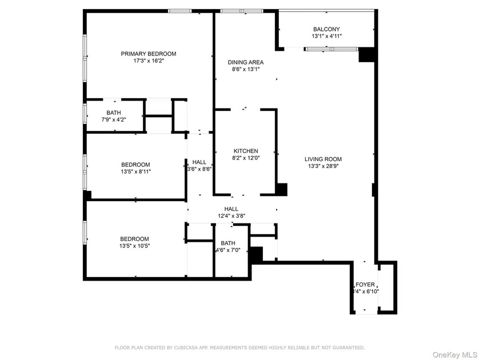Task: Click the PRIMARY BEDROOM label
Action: tap(149, 54)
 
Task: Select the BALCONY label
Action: tap(326, 29)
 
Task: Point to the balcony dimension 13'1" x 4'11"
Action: tap(326, 37)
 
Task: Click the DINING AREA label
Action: tap(245, 62)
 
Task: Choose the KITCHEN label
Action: tap(245, 151)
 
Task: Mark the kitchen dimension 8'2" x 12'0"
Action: tap(245, 158)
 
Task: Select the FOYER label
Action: tap(365, 284)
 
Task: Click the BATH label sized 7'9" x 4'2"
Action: tap(113, 113)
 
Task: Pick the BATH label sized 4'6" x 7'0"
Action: tap(228, 243)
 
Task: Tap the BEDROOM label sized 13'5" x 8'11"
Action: tap(135, 164)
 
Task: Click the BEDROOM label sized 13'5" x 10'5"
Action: tap(134, 239)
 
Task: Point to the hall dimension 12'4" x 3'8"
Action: tap(231, 217)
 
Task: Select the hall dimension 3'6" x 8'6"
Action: tap(199, 169)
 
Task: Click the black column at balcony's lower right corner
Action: tap(366, 55)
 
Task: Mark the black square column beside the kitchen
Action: tap(281, 189)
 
